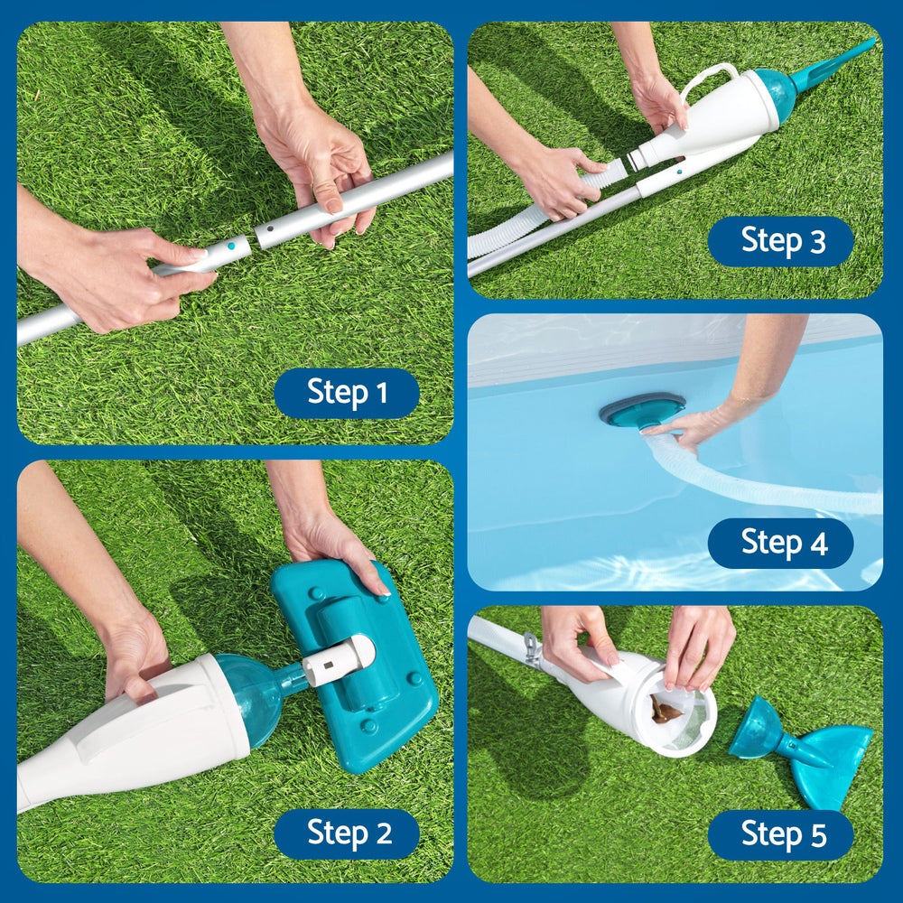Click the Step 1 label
[347, 393]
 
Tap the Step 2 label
[347, 833]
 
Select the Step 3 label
[781, 241]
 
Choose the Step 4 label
[781, 543]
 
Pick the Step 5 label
[781, 834]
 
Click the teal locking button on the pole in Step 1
[232, 245]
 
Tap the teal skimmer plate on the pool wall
[641, 409]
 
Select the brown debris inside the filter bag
[666, 712]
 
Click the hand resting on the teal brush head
[330, 542]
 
